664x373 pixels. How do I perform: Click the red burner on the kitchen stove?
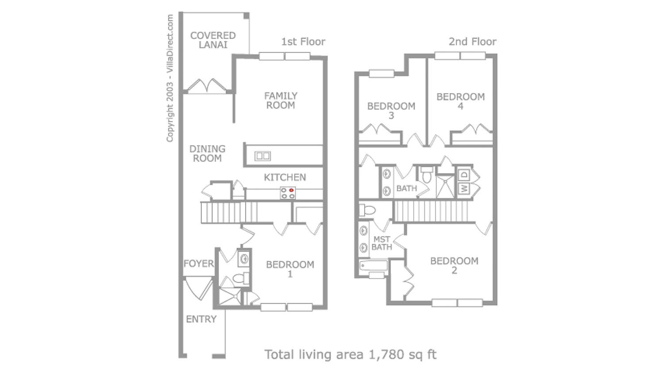coord(291,190)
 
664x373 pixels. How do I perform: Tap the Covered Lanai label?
coord(213,40)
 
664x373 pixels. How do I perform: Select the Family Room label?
coord(281,101)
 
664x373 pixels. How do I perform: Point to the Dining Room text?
coord(207,154)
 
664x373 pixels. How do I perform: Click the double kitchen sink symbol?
coord(263,156)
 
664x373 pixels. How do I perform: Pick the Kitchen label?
coord(285,177)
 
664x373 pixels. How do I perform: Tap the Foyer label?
coord(199,264)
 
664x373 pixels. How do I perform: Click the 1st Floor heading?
coord(303,42)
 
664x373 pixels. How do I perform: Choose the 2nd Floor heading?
coord(473,42)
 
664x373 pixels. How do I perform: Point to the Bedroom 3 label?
coord(391,111)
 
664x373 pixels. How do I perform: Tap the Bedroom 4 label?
coord(460,102)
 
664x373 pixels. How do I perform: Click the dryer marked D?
coord(464,175)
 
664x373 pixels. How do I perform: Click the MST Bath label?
coord(382,243)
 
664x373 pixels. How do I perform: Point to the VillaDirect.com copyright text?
coord(170,78)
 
